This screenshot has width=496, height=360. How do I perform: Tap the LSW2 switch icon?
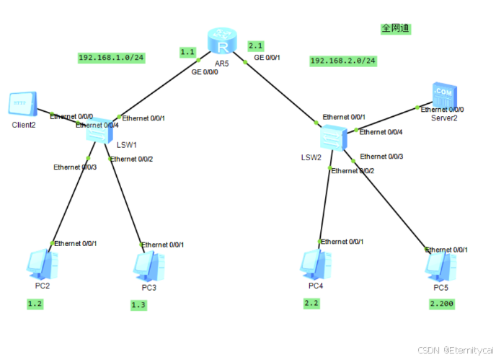click(x=332, y=136)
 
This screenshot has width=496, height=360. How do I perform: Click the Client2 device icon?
click(x=22, y=105)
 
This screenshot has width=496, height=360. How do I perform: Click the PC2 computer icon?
click(x=41, y=264)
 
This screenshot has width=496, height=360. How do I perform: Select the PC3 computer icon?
click(x=149, y=266)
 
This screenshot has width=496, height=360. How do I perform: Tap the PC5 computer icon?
click(x=440, y=266)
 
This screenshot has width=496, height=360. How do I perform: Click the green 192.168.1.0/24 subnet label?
click(x=111, y=57)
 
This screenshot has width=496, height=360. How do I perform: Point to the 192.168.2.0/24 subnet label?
click(x=343, y=61)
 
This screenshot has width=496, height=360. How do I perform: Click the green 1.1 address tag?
click(x=187, y=52)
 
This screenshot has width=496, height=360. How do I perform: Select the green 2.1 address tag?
click(x=256, y=45)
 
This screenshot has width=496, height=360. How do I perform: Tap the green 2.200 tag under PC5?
click(x=441, y=303)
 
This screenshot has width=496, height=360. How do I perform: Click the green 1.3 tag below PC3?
click(x=138, y=305)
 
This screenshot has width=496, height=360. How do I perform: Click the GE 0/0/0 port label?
click(x=205, y=71)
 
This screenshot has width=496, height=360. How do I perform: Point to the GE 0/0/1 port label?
click(x=267, y=57)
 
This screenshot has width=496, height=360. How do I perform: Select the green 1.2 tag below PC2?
click(x=35, y=304)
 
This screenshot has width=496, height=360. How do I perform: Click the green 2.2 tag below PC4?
click(x=311, y=304)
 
